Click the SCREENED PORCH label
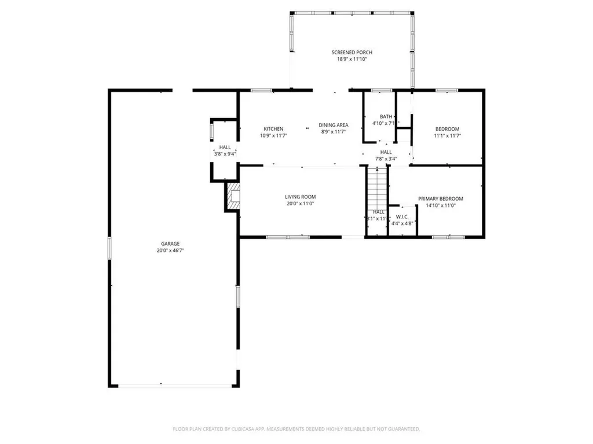352,53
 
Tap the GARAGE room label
170,243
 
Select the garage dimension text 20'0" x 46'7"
170,250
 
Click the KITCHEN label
273,128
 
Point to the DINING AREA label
334,125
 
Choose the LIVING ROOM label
300,197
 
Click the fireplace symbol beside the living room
233,197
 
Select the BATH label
386,116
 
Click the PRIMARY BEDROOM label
441,199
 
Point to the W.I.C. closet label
402,216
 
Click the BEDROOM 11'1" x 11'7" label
447,129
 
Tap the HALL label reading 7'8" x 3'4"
386,152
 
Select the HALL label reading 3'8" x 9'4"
225,147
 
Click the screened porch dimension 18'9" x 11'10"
352,59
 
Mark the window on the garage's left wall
109,247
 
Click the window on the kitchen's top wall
262,90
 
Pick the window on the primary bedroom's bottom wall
448,236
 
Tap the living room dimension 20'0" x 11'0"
300,203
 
